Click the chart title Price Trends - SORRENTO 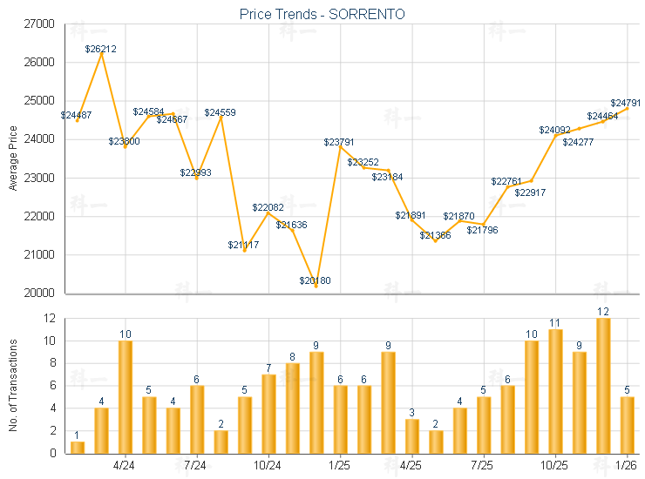(x=322, y=14)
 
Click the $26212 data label (x=101, y=50)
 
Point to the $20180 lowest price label (x=315, y=280)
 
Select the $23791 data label (x=339, y=142)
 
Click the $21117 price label (x=244, y=245)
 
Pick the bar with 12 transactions (x=603, y=385)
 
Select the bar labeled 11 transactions (x=555, y=390)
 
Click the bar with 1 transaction (x=78, y=447)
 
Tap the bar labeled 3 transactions (x=411, y=435)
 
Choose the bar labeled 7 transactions (x=268, y=413)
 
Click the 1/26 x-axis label (x=627, y=465)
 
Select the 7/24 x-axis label (x=196, y=465)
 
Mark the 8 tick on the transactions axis (x=52, y=363)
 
